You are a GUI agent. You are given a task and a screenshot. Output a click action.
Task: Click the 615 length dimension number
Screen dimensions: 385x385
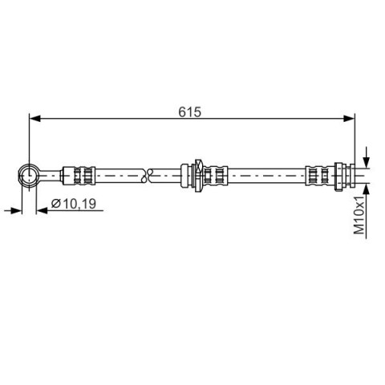(189, 111)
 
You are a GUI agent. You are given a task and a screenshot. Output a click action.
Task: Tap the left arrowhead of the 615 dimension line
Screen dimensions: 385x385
(34, 118)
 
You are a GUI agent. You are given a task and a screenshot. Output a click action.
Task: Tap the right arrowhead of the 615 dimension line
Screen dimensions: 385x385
(349, 118)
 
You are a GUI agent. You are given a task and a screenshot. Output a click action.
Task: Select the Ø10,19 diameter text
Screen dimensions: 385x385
(74, 204)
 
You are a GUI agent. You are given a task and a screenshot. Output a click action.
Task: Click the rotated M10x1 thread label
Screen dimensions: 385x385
(359, 215)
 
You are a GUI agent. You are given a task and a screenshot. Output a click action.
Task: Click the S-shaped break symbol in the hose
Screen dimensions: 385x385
(147, 176)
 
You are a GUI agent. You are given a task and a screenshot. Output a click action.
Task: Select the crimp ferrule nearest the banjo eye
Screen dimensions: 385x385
(79, 176)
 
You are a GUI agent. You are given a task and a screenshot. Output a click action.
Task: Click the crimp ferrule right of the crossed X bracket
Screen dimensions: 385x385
(216, 176)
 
